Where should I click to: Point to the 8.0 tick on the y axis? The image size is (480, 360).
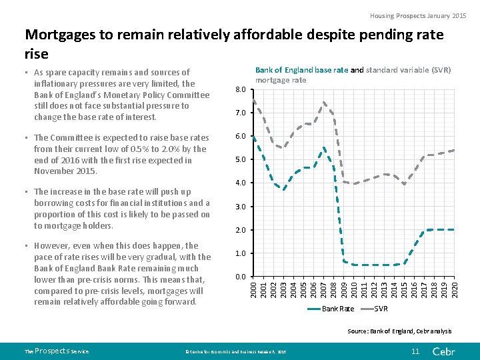click(x=241, y=89)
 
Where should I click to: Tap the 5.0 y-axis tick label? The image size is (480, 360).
click(x=241, y=159)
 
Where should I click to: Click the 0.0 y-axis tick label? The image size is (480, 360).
click(x=241, y=276)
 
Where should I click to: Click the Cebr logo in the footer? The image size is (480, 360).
click(x=443, y=351)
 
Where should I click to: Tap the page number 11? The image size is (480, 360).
click(x=415, y=351)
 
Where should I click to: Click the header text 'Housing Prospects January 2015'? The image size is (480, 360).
click(x=419, y=15)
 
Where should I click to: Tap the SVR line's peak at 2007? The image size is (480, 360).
click(x=324, y=102)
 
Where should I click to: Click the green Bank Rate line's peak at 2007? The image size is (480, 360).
click(x=324, y=147)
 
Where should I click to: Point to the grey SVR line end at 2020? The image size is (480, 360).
click(x=454, y=150)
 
